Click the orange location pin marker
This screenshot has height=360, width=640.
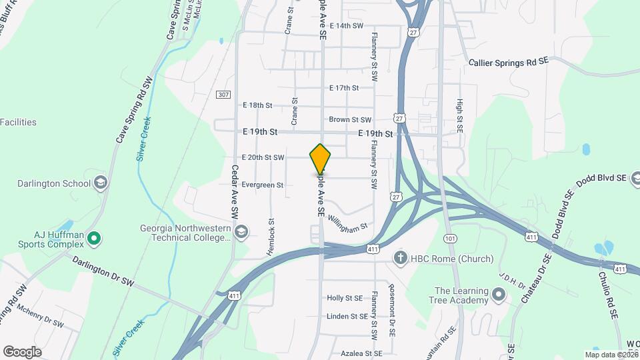[x=321, y=160]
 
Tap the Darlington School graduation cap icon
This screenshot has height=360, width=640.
[x=101, y=183]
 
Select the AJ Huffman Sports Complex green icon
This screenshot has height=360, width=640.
[x=94, y=237]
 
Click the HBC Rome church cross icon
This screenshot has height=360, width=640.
[x=400, y=259]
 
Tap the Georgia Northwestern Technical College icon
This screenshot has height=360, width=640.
[x=242, y=231]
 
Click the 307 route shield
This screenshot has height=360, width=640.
[x=223, y=95]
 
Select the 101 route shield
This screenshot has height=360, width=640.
[x=449, y=238]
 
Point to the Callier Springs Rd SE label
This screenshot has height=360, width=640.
[x=508, y=61]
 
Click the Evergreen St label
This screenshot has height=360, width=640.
[x=263, y=185]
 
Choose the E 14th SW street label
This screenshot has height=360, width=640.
[x=346, y=25]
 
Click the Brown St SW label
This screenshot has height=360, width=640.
[x=350, y=120]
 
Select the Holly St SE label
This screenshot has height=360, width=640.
[x=345, y=298]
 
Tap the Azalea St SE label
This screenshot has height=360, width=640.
[x=361, y=353]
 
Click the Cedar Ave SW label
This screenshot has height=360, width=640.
[x=235, y=193]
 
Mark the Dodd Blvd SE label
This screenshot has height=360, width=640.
[x=600, y=179]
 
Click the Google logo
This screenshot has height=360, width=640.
[x=22, y=352]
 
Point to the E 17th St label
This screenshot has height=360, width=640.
[x=344, y=87]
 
